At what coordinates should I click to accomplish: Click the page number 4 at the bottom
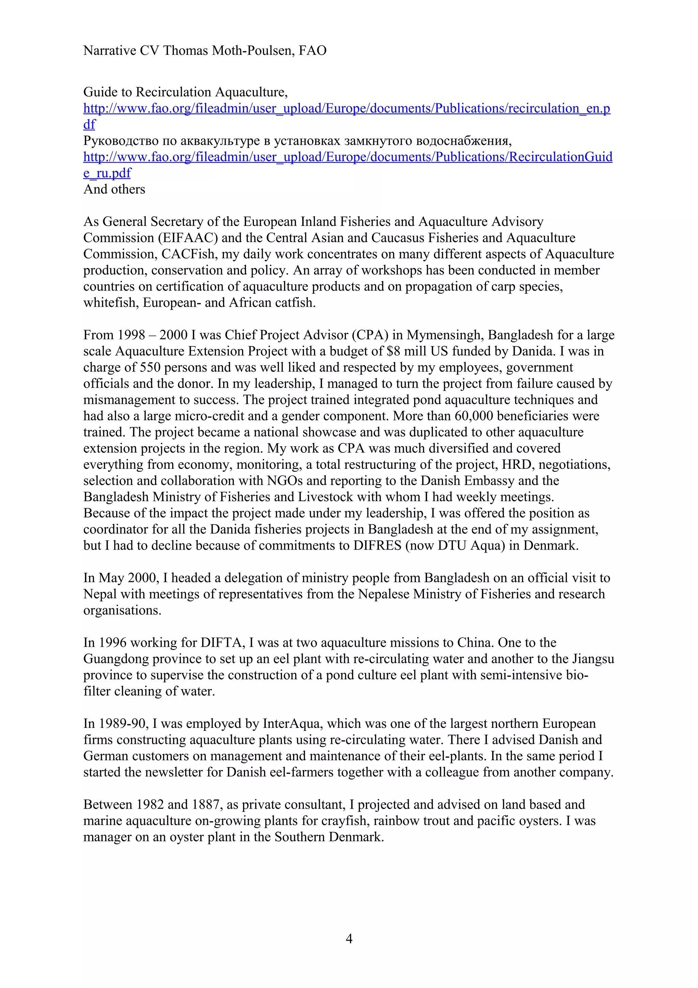[x=349, y=938]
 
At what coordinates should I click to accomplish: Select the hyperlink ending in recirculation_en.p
[x=347, y=108]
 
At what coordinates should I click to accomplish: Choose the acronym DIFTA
[x=222, y=643]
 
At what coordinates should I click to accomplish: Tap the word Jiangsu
[x=593, y=659]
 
